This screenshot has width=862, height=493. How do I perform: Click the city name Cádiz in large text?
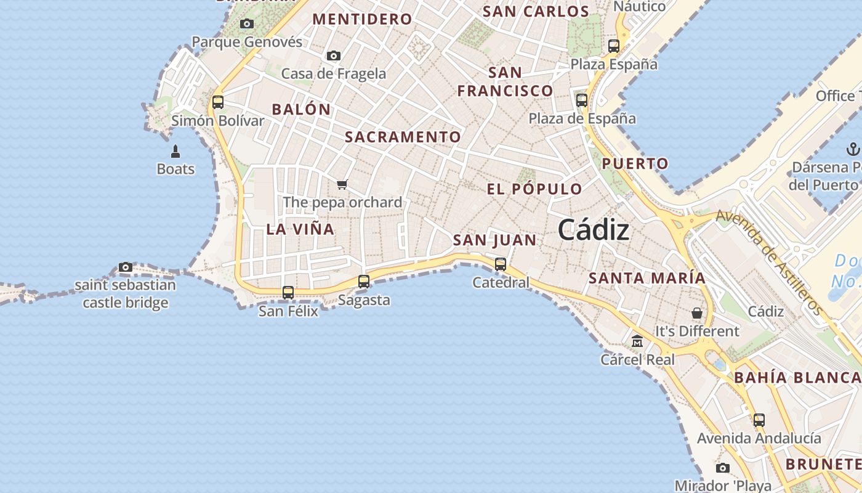pyautogui.click(x=594, y=230)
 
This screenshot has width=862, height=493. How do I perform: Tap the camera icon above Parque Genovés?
pyautogui.click(x=247, y=24)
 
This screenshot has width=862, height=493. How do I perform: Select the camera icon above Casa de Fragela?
pyautogui.click(x=334, y=56)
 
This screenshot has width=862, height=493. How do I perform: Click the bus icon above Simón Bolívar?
pyautogui.click(x=218, y=102)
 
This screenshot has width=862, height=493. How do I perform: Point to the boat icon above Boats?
pyautogui.click(x=175, y=151)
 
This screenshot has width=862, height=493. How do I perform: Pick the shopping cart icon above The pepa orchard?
pyautogui.click(x=342, y=184)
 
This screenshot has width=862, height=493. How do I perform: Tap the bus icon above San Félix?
pyautogui.click(x=288, y=293)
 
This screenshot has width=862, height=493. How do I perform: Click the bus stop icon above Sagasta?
pyautogui.click(x=364, y=282)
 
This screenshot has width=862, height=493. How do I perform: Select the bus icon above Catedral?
pyautogui.click(x=501, y=264)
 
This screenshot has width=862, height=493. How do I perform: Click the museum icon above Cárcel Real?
pyautogui.click(x=637, y=341)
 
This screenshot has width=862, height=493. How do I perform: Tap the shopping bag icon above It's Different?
pyautogui.click(x=697, y=313)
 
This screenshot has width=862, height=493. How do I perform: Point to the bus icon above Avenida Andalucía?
pyautogui.click(x=759, y=420)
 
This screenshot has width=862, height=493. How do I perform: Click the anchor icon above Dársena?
pyautogui.click(x=853, y=149)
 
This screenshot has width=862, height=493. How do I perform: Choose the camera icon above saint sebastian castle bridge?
pyautogui.click(x=126, y=267)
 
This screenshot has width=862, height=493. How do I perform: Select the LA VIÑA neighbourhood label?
pyautogui.click(x=300, y=229)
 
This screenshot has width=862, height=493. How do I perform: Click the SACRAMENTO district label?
pyautogui.click(x=403, y=137)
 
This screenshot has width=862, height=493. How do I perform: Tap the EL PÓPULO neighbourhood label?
pyautogui.click(x=534, y=189)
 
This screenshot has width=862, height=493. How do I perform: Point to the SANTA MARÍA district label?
pyautogui.click(x=647, y=278)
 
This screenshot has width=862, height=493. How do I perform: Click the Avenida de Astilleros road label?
pyautogui.click(x=770, y=262)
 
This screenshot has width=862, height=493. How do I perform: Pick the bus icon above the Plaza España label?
pyautogui.click(x=614, y=46)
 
